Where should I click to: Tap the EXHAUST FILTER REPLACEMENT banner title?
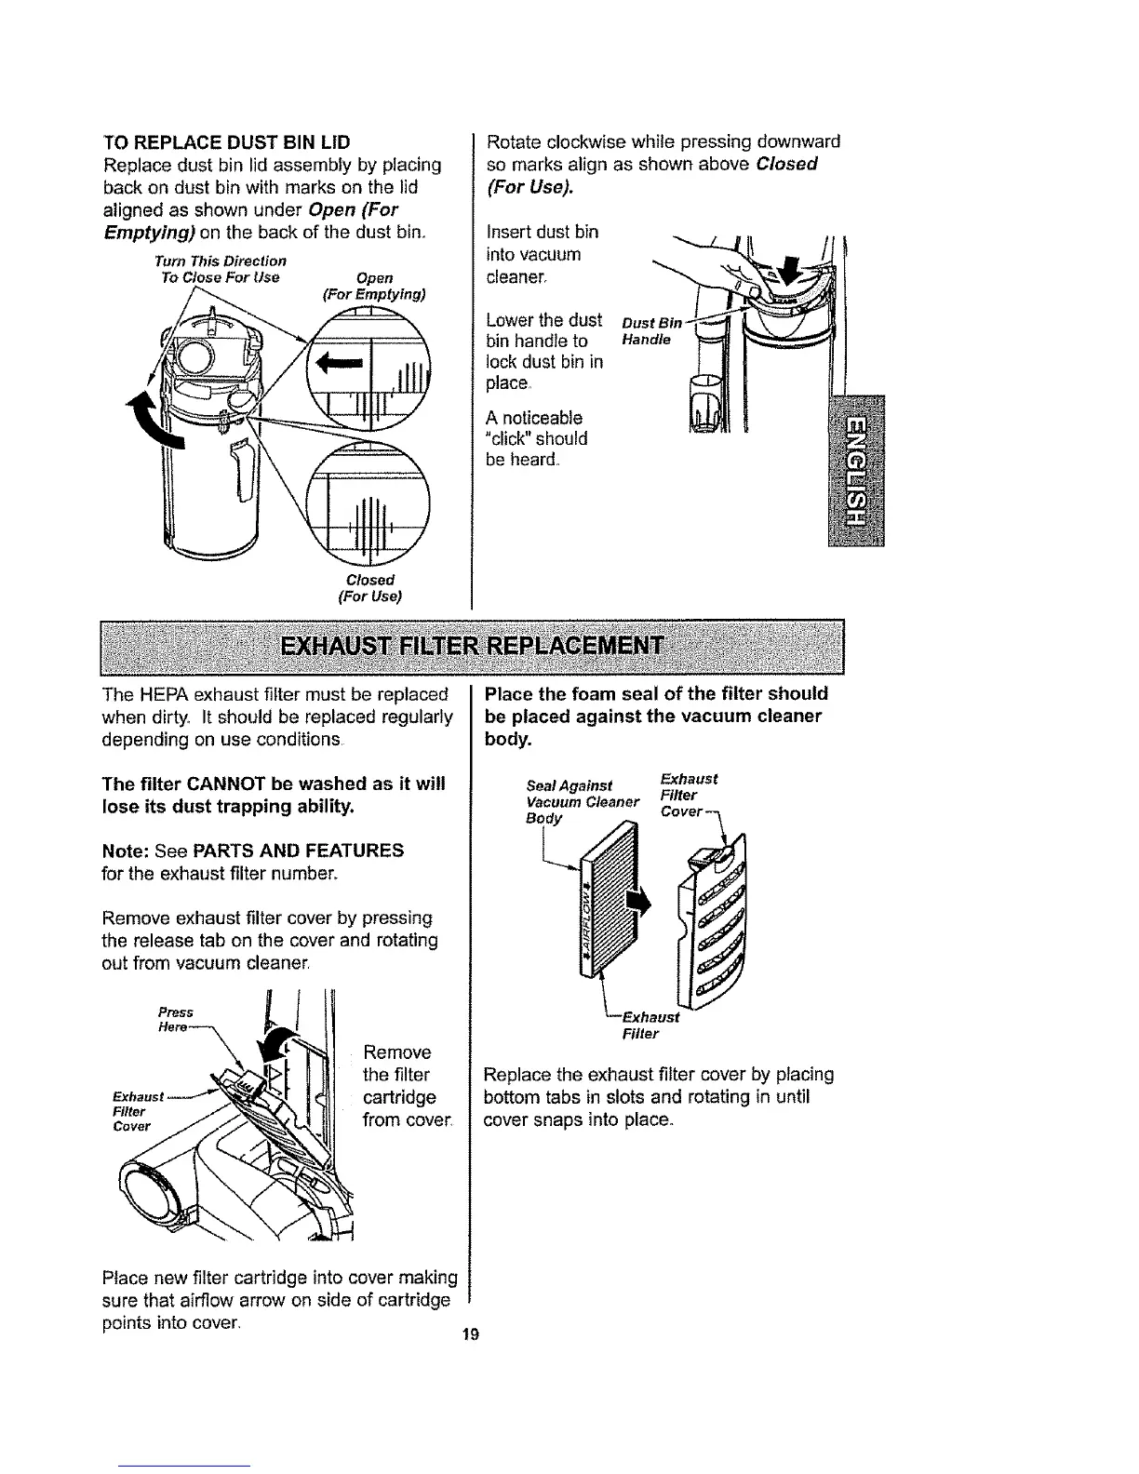click(x=474, y=645)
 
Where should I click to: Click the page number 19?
click(x=469, y=1335)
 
